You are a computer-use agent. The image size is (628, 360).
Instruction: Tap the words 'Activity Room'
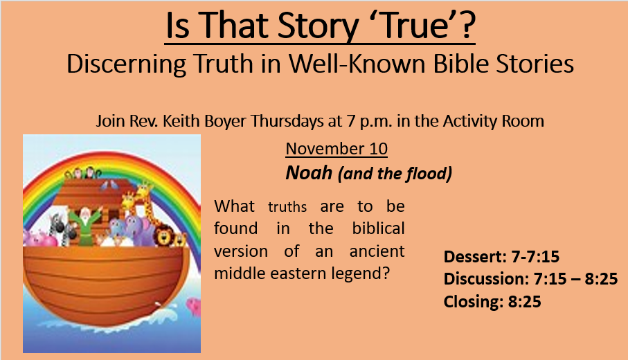(x=494, y=121)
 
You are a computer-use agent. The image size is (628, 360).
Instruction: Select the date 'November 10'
(x=337, y=149)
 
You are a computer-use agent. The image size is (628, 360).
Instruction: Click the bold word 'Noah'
(x=309, y=172)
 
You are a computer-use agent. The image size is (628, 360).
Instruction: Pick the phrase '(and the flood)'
(x=395, y=174)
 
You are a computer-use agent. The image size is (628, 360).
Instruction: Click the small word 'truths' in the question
(x=287, y=206)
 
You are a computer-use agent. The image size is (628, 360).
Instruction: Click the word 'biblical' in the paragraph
(x=379, y=228)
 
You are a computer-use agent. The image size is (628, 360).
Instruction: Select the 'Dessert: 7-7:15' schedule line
(x=501, y=257)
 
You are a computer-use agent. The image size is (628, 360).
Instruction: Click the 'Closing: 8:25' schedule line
(x=492, y=302)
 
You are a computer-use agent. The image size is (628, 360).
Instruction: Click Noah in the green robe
(x=84, y=226)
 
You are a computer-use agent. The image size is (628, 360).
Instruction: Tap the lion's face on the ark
(x=164, y=237)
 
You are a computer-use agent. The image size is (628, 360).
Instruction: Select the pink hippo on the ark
(x=39, y=239)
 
